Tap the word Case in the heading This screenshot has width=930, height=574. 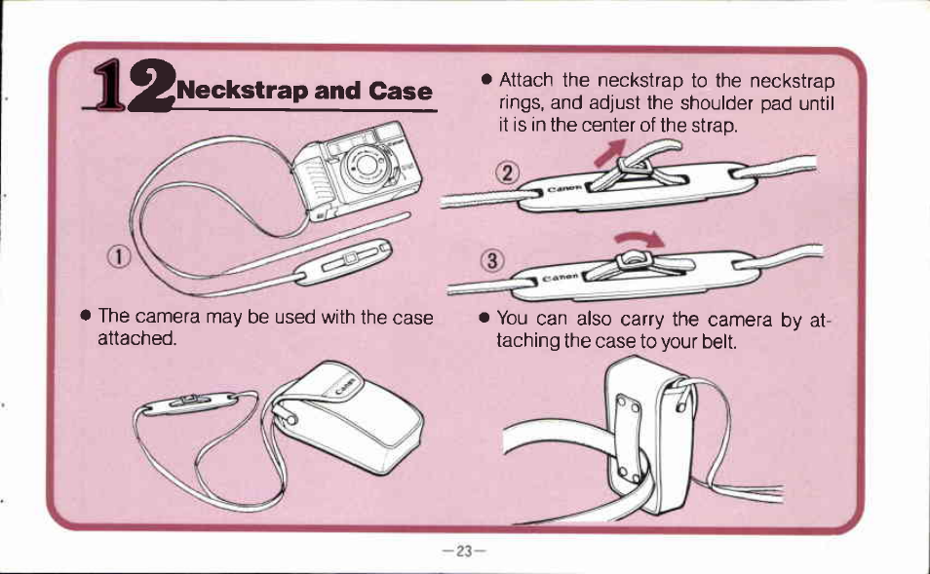[x=400, y=91]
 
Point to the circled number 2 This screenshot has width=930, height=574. [x=507, y=173]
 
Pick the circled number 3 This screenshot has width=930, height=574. [x=492, y=261]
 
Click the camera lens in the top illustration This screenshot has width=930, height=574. [x=365, y=165]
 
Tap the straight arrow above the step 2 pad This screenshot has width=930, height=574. [x=611, y=152]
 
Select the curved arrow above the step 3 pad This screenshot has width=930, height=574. [x=639, y=239]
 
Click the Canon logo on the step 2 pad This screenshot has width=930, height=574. [x=564, y=189]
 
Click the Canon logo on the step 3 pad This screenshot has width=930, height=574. [x=561, y=277]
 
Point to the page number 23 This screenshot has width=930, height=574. [x=464, y=552]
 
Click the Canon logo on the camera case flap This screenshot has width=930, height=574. [x=346, y=385]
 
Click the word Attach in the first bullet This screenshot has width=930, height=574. [x=526, y=80]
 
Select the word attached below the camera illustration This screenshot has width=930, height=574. [x=137, y=339]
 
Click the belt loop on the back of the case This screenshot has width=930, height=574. [x=628, y=436]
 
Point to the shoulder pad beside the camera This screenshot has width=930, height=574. [x=344, y=261]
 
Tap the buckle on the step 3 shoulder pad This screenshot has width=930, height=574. [x=633, y=259]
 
